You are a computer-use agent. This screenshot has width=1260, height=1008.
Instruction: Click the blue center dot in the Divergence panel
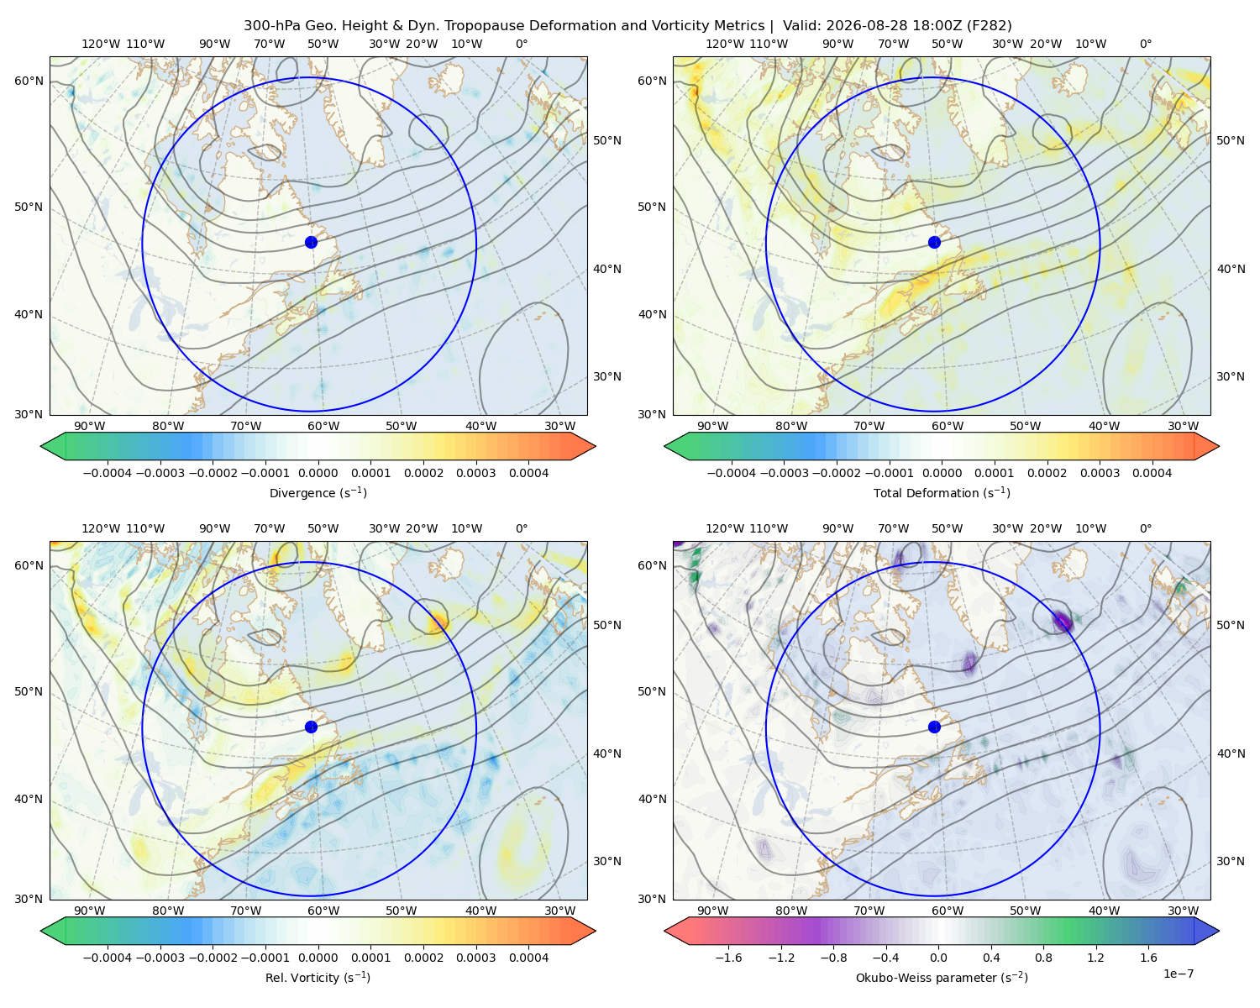pyautogui.click(x=311, y=243)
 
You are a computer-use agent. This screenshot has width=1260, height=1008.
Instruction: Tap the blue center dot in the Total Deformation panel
pyautogui.click(x=934, y=243)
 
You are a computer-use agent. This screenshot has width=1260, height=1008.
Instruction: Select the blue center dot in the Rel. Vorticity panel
pyautogui.click(x=311, y=727)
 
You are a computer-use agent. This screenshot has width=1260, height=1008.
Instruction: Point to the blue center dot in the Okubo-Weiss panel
pyautogui.click(x=934, y=727)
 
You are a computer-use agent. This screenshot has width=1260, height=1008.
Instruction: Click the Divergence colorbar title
pyautogui.click(x=318, y=493)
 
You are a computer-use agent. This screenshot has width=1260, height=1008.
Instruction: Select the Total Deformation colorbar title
pyautogui.click(x=942, y=493)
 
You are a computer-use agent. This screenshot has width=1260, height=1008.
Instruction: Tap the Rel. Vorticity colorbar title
pyautogui.click(x=318, y=978)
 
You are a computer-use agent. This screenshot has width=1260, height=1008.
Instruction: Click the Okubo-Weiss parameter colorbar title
pyautogui.click(x=942, y=978)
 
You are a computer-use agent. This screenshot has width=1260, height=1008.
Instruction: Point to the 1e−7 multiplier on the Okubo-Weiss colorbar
pyautogui.click(x=1178, y=974)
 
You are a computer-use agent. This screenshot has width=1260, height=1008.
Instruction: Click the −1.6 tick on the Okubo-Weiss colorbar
pyautogui.click(x=728, y=958)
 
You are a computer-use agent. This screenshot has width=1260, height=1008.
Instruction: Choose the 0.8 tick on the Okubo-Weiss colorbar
pyautogui.click(x=1043, y=958)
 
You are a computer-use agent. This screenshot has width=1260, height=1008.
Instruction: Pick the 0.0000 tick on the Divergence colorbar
pyautogui.click(x=318, y=473)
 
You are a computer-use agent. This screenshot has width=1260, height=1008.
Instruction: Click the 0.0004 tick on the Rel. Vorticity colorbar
pyautogui.click(x=528, y=958)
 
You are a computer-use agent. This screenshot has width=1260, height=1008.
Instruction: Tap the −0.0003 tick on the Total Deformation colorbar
pyautogui.click(x=784, y=473)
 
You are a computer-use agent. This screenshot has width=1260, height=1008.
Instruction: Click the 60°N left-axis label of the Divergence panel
pyautogui.click(x=29, y=81)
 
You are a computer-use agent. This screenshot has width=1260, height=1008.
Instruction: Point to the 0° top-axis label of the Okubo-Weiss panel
pyautogui.click(x=1145, y=528)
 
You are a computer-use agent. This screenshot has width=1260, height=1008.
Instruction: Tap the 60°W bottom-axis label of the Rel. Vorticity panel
pyautogui.click(x=323, y=911)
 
